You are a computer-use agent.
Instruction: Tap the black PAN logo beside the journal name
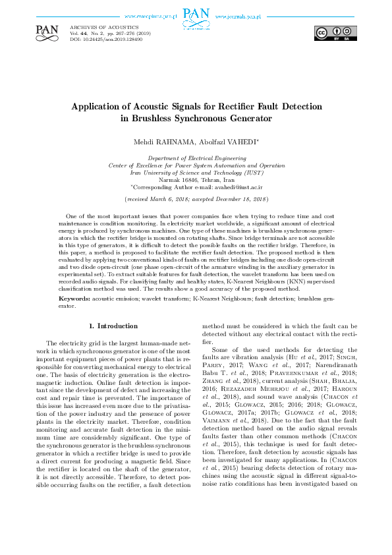pos(47,31)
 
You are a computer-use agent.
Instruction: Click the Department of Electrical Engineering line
pos(196,159)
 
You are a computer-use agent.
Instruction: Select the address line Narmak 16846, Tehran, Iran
pos(196,179)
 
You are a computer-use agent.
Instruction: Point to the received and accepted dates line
pos(196,198)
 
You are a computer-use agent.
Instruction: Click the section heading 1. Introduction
pos(113,326)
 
